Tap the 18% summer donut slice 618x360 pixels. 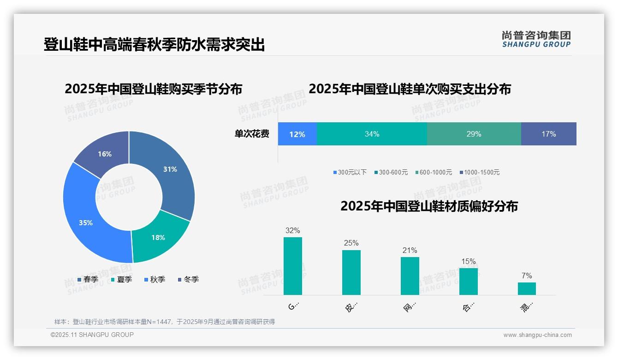coord(158,238)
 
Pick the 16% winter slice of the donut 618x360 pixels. coord(105,154)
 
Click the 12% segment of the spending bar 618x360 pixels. coord(297,134)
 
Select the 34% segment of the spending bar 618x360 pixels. coord(372,134)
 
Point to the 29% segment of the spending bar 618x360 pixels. coord(474,134)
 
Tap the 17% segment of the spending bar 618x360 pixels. coord(548,134)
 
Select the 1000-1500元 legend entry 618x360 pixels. coord(479,173)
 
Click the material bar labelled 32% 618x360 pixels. coord(293,266)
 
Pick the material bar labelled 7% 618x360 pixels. coord(527,288)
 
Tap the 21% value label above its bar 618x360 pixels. coord(410,250)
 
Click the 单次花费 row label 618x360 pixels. coord(252,134)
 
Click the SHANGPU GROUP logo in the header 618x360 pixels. coord(536,39)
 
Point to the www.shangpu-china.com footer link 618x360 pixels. coord(537,335)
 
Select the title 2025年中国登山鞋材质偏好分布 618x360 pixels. coord(429,206)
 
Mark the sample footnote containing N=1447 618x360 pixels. coord(165,322)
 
